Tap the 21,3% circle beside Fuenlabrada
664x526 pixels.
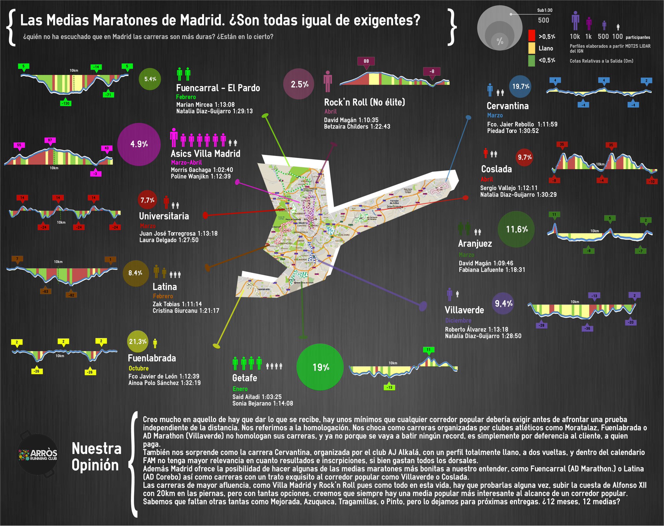click(138, 341)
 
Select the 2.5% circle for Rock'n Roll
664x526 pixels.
click(299, 84)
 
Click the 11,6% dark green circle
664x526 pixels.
click(516, 229)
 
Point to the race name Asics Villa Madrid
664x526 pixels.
click(205, 153)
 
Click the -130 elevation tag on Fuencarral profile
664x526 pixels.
click(65, 103)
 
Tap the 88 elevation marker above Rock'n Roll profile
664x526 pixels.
click(366, 61)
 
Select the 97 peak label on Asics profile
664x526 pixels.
click(50, 141)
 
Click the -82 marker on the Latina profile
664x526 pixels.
click(71, 295)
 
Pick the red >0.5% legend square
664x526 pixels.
click(531, 36)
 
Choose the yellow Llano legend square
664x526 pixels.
click(531, 48)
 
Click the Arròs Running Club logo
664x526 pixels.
click(38, 454)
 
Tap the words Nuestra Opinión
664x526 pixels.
click(96, 457)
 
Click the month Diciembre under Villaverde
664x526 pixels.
click(458, 320)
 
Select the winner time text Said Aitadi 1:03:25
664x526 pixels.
click(257, 397)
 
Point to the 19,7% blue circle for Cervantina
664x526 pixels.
click(520, 86)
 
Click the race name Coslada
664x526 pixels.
click(496, 169)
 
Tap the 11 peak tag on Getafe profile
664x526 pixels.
click(428, 350)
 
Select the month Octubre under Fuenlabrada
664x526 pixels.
click(138, 368)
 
